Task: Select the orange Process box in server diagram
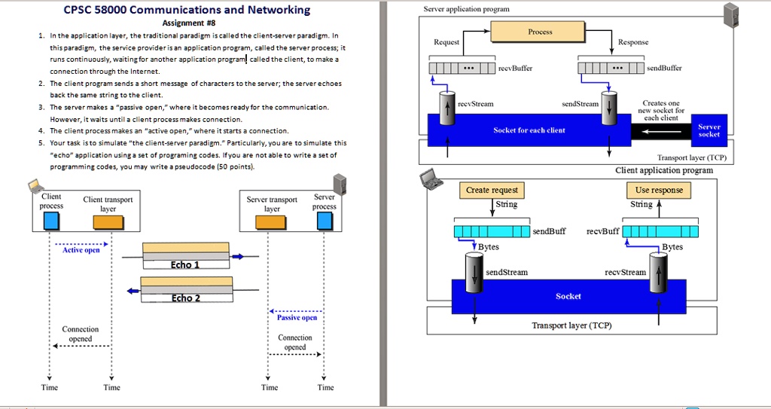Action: [x=540, y=32]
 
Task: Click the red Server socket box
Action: [x=709, y=130]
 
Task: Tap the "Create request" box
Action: [x=492, y=190]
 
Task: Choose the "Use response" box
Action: [x=658, y=190]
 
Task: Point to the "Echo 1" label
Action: [x=185, y=264]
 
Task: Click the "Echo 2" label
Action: [x=185, y=298]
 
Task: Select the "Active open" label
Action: [x=81, y=250]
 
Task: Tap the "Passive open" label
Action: [x=297, y=317]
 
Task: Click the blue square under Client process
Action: [x=51, y=220]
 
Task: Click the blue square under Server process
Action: [x=324, y=219]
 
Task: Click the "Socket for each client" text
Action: [x=529, y=130]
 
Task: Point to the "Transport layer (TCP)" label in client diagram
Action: [x=571, y=325]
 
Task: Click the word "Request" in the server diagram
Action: [x=446, y=42]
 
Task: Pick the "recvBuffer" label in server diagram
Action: [x=515, y=68]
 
